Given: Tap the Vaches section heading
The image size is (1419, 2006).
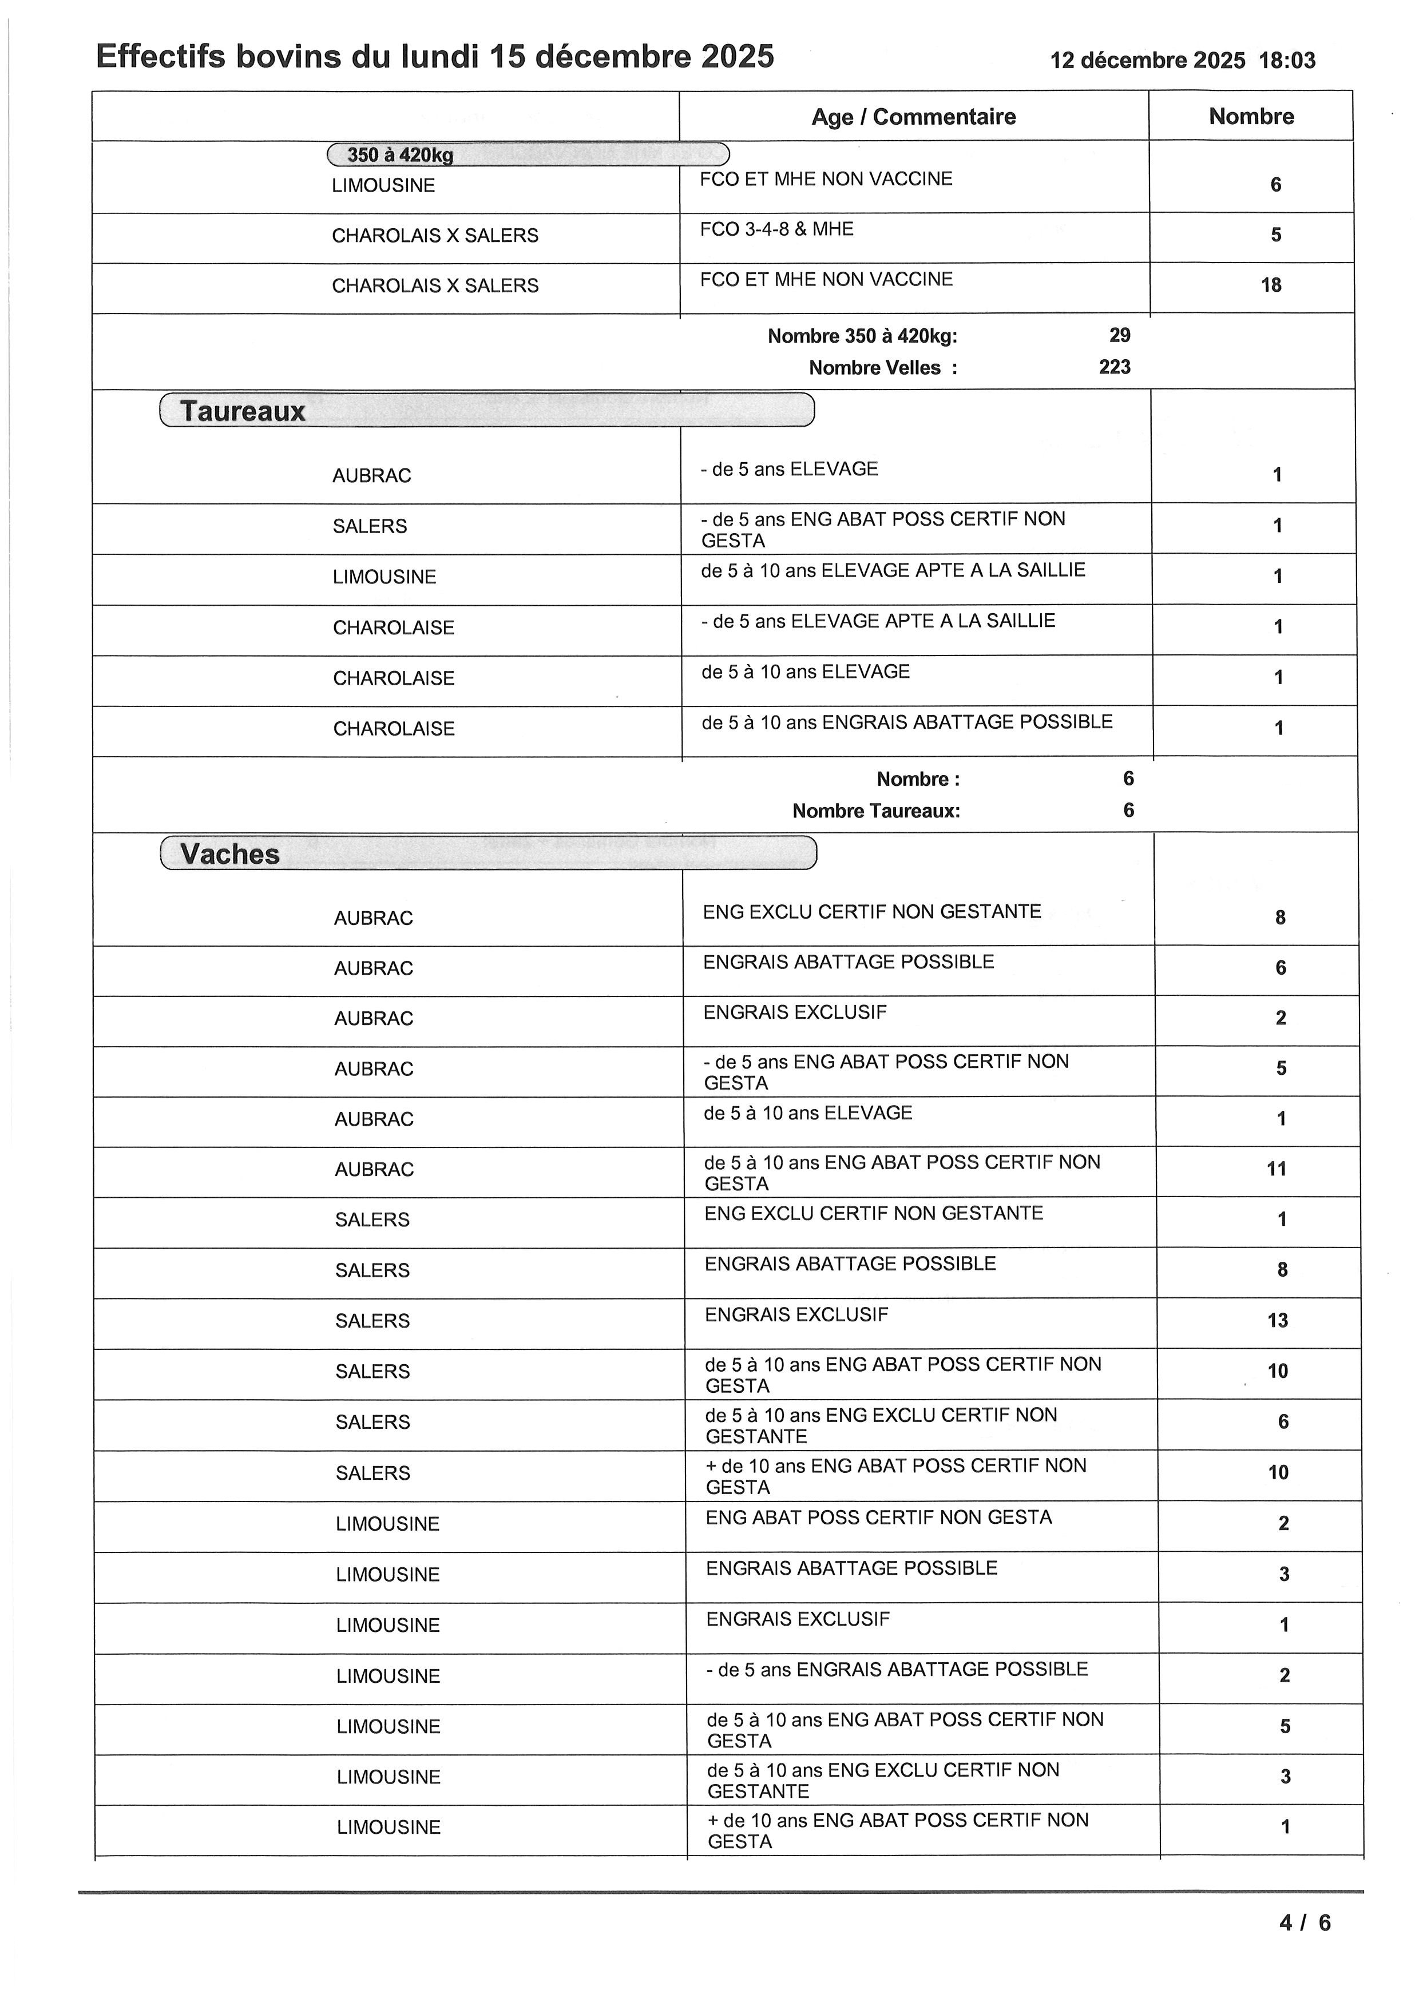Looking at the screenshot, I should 230,855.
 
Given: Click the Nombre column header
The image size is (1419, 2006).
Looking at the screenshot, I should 1250,116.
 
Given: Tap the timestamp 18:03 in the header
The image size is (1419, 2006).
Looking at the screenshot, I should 1286,60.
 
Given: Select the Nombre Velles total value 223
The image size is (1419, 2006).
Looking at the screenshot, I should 1114,367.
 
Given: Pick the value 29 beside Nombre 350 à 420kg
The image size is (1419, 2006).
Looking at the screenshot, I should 1119,336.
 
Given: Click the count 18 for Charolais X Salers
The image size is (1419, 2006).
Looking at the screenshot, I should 1270,285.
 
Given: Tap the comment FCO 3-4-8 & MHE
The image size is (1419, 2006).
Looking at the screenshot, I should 776,229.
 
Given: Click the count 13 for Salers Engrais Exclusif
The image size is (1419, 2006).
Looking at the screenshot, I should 1278,1320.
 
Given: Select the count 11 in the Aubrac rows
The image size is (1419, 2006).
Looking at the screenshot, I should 1277,1169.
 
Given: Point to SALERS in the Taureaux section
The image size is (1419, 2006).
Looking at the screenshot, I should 370,526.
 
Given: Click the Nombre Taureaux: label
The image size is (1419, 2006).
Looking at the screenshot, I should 875,811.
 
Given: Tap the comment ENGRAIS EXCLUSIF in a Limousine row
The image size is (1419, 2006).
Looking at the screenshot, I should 798,1619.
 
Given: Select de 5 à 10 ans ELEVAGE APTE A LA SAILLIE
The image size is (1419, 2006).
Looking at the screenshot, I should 892,570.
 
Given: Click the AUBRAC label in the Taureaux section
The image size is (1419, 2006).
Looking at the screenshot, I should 371,475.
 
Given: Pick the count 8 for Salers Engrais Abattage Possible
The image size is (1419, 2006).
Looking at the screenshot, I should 1282,1269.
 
